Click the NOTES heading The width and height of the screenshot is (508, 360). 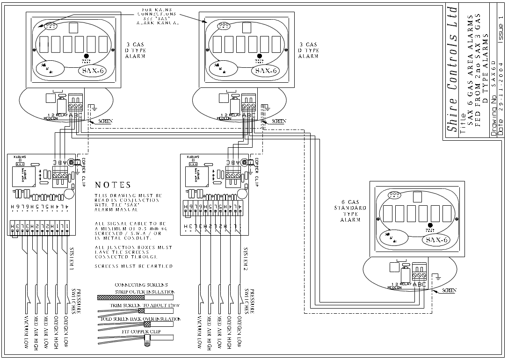point(113,185)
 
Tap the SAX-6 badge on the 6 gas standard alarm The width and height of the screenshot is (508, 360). point(437,240)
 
